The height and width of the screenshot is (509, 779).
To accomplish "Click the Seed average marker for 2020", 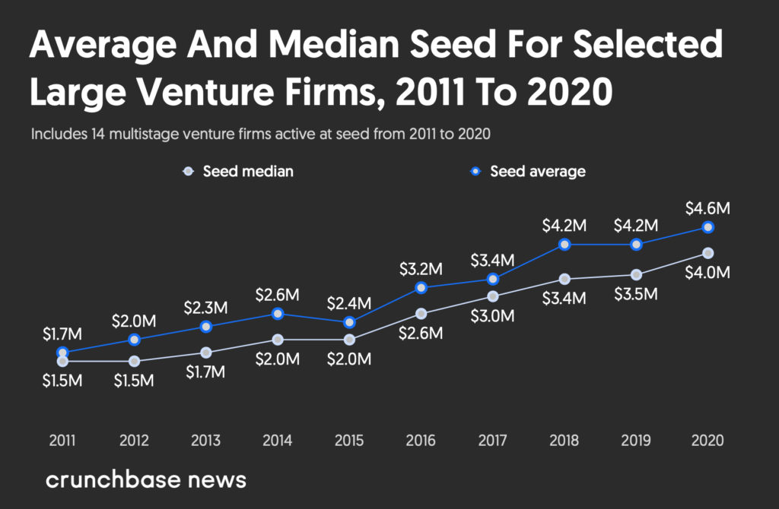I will (x=708, y=227).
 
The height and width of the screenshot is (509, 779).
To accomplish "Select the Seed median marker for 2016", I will (x=421, y=313).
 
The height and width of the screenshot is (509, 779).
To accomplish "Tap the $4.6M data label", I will (x=708, y=207).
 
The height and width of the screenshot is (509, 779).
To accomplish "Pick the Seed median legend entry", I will (x=239, y=171).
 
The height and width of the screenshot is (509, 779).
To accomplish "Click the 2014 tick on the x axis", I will (x=278, y=441).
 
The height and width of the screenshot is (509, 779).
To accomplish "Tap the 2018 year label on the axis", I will (x=564, y=441).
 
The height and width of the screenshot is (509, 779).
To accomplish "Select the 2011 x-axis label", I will (x=62, y=441).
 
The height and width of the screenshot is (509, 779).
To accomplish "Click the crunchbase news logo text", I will (x=145, y=480).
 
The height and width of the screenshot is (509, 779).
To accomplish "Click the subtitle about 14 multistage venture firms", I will (x=261, y=134).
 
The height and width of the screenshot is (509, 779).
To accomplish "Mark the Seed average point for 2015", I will (x=349, y=322).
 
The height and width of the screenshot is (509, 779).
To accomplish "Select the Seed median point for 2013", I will (x=205, y=353).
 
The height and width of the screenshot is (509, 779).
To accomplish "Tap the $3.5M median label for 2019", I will (x=636, y=294).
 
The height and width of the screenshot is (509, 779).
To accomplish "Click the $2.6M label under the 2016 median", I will (x=421, y=333).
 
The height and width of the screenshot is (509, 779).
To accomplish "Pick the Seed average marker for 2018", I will (x=564, y=244).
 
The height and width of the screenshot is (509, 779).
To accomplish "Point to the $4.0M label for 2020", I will (x=708, y=273).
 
